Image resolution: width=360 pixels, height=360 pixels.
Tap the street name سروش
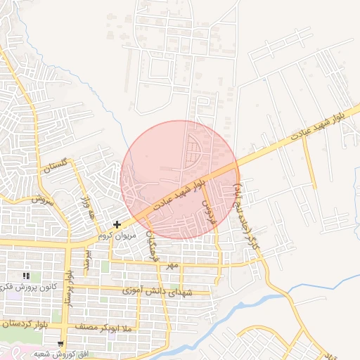coord(41,200)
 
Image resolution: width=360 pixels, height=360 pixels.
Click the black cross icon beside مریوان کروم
coord(117,224)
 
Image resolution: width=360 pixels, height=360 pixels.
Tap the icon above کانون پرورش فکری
coord(27,276)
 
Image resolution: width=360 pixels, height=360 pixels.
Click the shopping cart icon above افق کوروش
coord(60,345)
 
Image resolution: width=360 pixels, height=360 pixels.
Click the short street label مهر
coord(169,266)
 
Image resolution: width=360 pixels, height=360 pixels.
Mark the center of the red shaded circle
coord(180,180)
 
